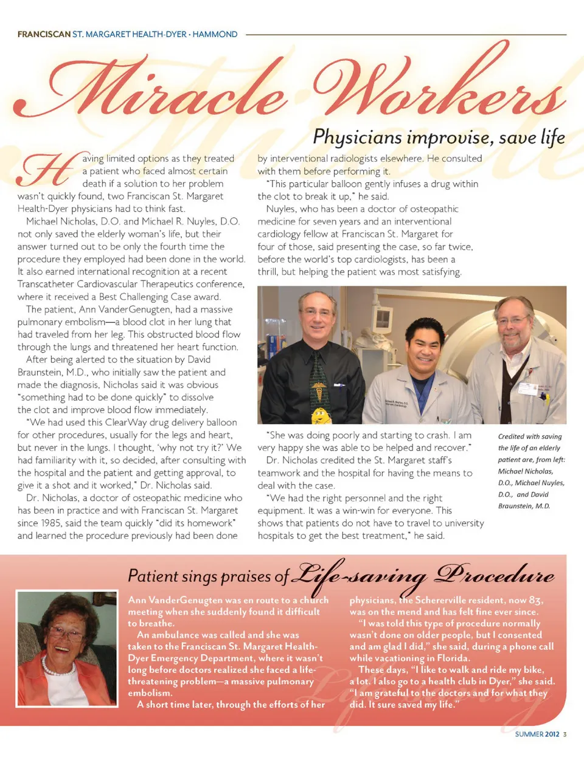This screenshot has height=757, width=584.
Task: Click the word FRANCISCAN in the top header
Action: tap(44, 35)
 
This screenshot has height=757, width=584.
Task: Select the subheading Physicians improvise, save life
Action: tap(439, 137)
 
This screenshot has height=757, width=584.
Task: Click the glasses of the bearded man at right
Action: tap(512, 320)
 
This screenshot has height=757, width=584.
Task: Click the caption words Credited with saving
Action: tap(530, 437)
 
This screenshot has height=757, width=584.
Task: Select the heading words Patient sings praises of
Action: tap(208, 576)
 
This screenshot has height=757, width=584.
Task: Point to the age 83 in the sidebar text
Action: tap(535, 600)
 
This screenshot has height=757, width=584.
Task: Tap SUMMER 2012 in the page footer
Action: tap(537, 734)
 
